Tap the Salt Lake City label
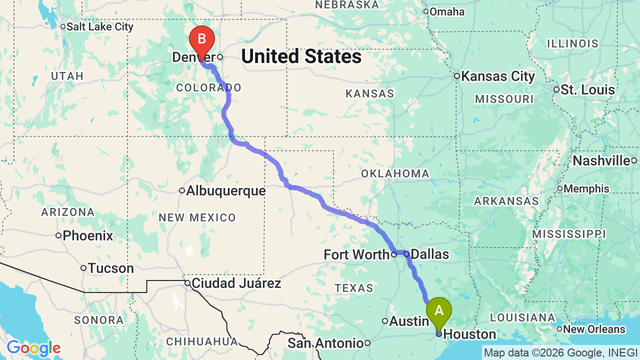tap(100, 26)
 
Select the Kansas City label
tap(497, 76)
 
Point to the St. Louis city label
tap(587, 90)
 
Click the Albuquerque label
tap(225, 190)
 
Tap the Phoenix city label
tap(88, 235)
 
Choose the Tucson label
tap(110, 268)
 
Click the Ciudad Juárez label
tap(236, 283)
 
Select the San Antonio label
tap(325, 343)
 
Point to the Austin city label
tap(409, 321)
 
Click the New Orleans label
tap(594, 329)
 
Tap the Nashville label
tap(601, 160)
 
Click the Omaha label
tap(447, 11)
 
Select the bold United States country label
tap(301, 56)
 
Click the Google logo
tap(33, 348)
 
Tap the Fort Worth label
tap(356, 254)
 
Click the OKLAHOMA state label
tap(395, 173)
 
